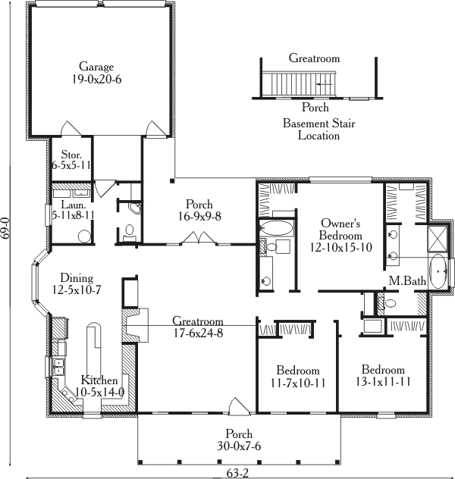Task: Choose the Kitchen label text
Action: click(99, 379)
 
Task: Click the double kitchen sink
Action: click(58, 368)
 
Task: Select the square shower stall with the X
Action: click(438, 239)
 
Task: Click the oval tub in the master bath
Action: click(438, 273)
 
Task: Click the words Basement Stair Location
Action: click(318, 130)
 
